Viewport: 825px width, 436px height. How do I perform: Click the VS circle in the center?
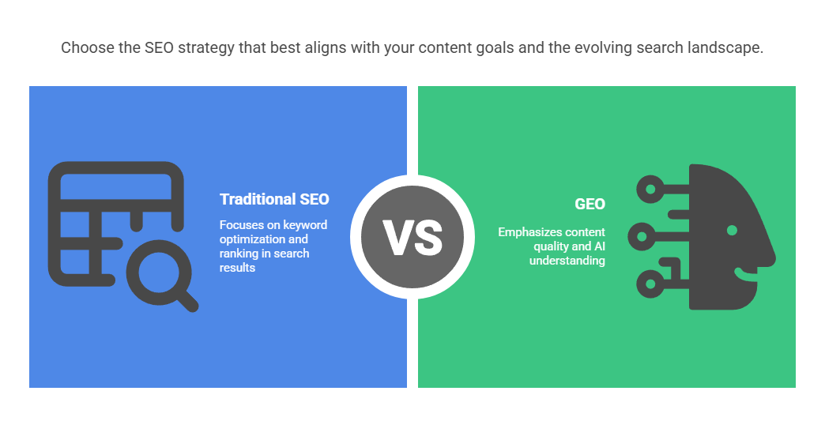click(x=412, y=237)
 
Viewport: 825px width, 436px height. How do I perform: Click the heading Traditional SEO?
click(x=274, y=199)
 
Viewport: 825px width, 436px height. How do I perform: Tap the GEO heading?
click(x=590, y=204)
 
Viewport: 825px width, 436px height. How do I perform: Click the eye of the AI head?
click(x=732, y=230)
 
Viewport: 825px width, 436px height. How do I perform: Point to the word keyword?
click(x=305, y=225)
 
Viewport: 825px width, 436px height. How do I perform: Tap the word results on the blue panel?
click(x=237, y=268)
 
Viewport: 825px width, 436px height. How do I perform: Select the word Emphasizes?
click(x=523, y=232)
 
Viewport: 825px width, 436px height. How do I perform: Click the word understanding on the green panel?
click(x=567, y=261)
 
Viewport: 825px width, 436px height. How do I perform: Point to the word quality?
click(x=551, y=246)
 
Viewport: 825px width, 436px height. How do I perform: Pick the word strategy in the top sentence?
click(x=206, y=48)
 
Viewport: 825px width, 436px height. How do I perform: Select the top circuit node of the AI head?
click(x=650, y=190)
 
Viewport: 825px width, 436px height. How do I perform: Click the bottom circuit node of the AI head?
click(x=650, y=284)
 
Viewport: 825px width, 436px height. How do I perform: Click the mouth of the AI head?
click(x=745, y=273)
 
